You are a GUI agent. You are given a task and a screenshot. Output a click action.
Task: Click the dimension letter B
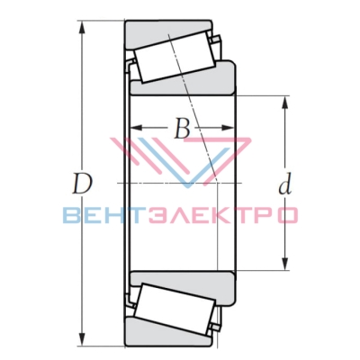pyautogui.click(x=182, y=129)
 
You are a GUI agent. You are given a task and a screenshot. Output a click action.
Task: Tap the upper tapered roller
pyautogui.click(x=175, y=58)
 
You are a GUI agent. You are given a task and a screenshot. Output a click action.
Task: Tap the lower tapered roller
pyautogui.click(x=175, y=309)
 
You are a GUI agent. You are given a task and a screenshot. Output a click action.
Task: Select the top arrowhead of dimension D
pyautogui.click(x=82, y=28)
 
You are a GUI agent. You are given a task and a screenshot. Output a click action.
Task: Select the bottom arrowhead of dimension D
pyautogui.click(x=82, y=339)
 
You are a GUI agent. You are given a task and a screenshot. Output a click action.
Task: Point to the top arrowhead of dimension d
pyautogui.click(x=285, y=103)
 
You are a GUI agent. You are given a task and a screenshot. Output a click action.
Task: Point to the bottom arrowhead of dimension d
pyautogui.click(x=285, y=263)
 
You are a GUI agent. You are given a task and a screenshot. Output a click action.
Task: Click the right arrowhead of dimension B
pyautogui.click(x=227, y=128)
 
